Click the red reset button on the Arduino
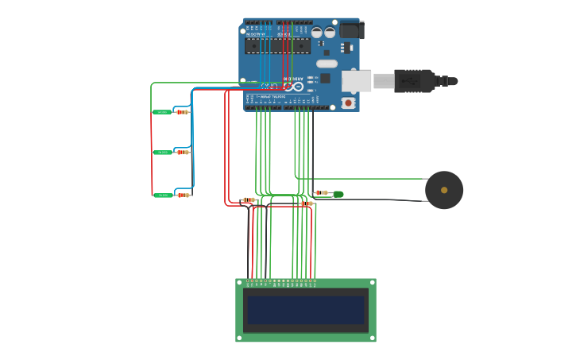click(x=348, y=103)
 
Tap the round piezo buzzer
click(x=444, y=190)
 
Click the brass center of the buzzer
click(x=444, y=190)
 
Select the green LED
click(x=338, y=194)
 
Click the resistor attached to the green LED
click(x=321, y=192)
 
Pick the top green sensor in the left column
click(x=162, y=112)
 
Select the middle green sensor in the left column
click(x=162, y=152)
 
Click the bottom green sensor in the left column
click(x=162, y=195)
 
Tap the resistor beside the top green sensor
click(x=183, y=112)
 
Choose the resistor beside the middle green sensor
click(x=183, y=152)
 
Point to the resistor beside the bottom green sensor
click(x=184, y=195)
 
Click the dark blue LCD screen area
click(x=305, y=310)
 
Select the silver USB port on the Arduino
click(x=357, y=80)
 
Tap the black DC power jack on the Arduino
click(x=351, y=30)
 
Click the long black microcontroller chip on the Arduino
click(x=277, y=46)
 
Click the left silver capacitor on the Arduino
click(x=317, y=33)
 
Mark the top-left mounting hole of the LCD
click(x=240, y=283)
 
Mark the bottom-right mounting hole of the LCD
click(x=371, y=338)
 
